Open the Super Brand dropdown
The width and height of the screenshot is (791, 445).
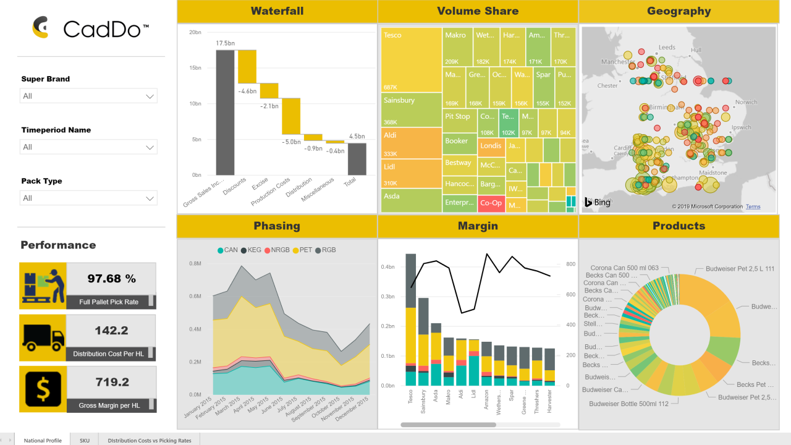88,96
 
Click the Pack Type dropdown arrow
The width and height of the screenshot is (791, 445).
150,198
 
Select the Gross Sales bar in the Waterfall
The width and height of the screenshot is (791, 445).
225,112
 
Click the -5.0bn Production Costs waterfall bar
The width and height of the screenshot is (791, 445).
291,116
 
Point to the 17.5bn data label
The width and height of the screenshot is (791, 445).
225,43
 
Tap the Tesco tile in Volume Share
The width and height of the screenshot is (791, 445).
411,59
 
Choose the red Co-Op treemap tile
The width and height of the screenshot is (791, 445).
491,203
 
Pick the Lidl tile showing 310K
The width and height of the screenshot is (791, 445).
411,174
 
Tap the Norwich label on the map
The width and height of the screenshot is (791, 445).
746,102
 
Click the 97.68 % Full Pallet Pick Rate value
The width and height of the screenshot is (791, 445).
111,279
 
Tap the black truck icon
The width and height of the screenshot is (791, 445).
43,337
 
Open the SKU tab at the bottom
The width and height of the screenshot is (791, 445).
85,441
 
